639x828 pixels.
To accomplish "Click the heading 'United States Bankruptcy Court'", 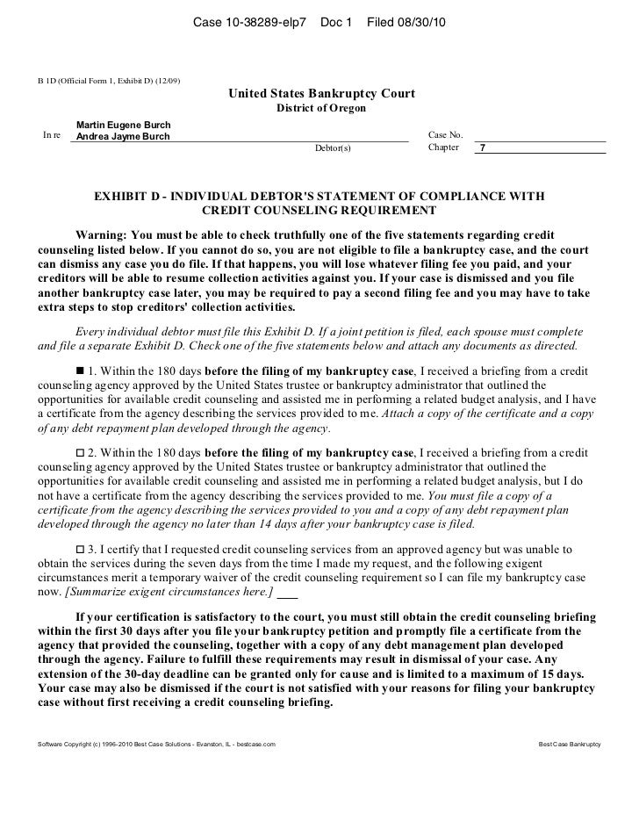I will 322,94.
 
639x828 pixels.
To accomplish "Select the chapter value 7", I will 483,148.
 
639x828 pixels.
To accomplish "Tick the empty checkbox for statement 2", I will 83,452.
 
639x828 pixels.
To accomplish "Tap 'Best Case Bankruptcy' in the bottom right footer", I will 568,744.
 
